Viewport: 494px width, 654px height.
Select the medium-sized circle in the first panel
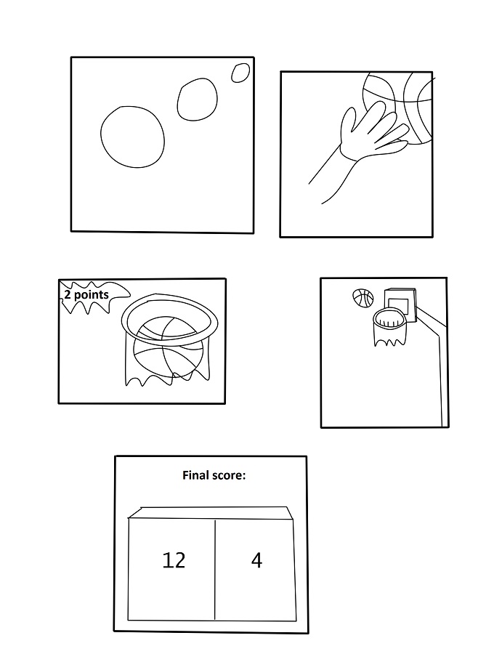coord(177,100)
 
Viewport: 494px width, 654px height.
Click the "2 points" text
coord(86,295)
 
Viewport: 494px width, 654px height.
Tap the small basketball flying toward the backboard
coord(363,298)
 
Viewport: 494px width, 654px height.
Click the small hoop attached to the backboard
coord(374,319)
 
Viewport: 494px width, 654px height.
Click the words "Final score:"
coord(214,475)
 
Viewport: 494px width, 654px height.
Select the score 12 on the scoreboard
coord(174,560)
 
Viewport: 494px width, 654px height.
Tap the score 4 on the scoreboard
coord(256,560)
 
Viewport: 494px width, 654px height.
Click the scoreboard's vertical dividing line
coord(215,570)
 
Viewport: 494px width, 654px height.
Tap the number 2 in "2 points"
coord(67,295)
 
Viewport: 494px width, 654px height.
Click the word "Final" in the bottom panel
coord(195,475)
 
